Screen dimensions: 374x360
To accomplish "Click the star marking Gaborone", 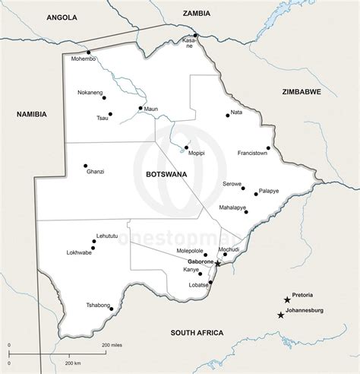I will [217, 263].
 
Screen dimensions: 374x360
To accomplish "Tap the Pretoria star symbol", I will [287, 300].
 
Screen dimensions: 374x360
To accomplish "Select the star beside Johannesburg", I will [281, 315].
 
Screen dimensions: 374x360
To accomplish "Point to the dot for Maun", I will [141, 108].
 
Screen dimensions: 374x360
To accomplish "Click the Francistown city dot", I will [268, 148].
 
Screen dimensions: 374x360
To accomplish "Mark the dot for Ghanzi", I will [85, 166].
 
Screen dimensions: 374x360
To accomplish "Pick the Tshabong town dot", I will [112, 309].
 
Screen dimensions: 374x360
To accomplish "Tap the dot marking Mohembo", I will [88, 52].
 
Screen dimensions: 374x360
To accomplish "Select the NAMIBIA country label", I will [32, 114].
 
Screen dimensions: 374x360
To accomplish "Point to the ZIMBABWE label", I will [302, 91].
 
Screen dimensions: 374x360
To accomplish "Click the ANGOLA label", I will [62, 16].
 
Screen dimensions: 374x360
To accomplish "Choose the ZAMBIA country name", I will [196, 13].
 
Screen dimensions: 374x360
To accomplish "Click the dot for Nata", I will [227, 115].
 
